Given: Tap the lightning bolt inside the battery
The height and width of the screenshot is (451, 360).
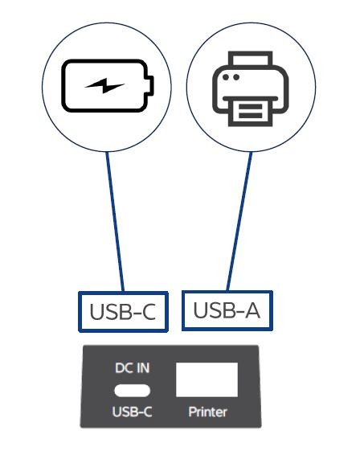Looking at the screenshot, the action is click(104, 86).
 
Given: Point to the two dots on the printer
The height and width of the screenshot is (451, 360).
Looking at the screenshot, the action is click(231, 77).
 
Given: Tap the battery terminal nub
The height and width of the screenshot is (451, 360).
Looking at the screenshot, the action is click(151, 86).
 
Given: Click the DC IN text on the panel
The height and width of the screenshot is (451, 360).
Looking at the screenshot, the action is click(133, 368).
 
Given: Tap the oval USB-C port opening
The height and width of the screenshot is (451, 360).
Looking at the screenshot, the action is click(133, 391).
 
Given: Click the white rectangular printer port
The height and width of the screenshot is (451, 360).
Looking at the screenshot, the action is click(207, 379).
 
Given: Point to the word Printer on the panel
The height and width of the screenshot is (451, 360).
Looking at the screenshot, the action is click(207, 412).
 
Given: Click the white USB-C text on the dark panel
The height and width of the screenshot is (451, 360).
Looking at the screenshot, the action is click(133, 412).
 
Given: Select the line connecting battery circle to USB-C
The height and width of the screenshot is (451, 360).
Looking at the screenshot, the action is click(115, 221).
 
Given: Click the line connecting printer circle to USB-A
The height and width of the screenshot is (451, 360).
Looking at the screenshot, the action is click(239, 221).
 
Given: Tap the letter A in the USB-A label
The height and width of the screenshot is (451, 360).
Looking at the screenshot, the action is click(252, 310).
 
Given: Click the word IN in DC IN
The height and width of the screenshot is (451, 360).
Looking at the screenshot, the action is click(143, 368).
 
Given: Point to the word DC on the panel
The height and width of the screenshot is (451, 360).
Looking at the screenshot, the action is click(125, 368).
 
